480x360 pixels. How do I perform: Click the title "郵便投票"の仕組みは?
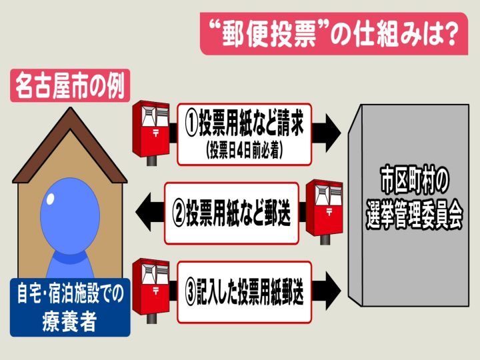(x=334, y=34)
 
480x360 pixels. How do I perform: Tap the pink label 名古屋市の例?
(x=70, y=85)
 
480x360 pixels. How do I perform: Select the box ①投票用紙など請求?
(x=244, y=135)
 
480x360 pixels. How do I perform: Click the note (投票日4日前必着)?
(x=244, y=150)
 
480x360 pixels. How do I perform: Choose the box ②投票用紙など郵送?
(x=231, y=213)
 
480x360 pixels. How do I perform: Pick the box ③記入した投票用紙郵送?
(x=244, y=293)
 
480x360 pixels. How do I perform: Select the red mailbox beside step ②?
(x=324, y=212)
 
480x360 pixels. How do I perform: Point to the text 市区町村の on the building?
(x=415, y=180)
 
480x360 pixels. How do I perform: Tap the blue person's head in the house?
(x=70, y=216)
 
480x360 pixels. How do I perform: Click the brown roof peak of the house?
(x=71, y=108)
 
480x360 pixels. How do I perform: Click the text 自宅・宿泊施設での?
(x=71, y=293)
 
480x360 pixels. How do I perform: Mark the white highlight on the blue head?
(x=50, y=199)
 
